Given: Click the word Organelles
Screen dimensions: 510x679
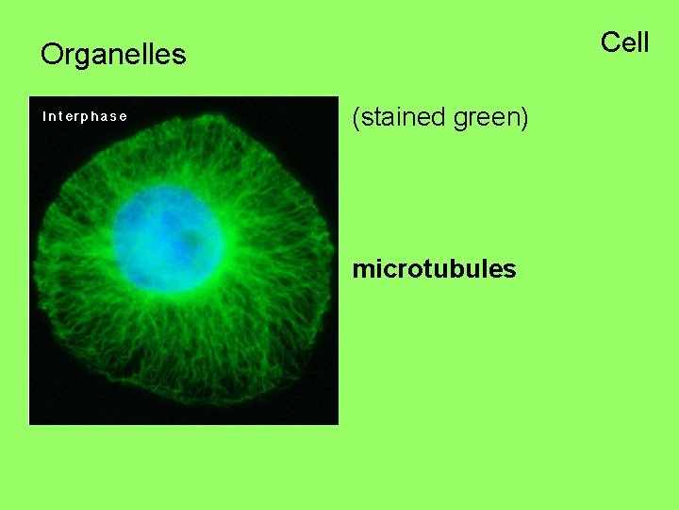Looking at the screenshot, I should coord(113,55).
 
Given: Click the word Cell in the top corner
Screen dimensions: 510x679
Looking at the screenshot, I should coord(624,42).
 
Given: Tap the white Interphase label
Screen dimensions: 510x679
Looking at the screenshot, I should coord(85,116).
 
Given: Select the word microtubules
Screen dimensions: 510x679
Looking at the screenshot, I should coord(434,269).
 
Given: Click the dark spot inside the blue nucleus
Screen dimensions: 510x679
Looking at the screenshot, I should coord(192,240).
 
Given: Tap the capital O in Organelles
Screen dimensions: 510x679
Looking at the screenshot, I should coord(51,55).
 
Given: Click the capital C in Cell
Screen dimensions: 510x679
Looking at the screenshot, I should coord(610,42).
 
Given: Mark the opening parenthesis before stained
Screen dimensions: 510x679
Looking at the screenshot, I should coord(356,119).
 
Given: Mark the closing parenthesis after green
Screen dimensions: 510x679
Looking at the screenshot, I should coord(524,119).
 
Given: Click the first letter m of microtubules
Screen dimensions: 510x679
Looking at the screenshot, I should coord(362,270).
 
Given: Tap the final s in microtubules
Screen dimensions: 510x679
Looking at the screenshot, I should coord(510,270).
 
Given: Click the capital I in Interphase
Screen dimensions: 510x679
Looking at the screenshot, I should coord(44,116).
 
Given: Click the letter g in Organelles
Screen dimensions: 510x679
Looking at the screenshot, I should coord(82,58).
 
